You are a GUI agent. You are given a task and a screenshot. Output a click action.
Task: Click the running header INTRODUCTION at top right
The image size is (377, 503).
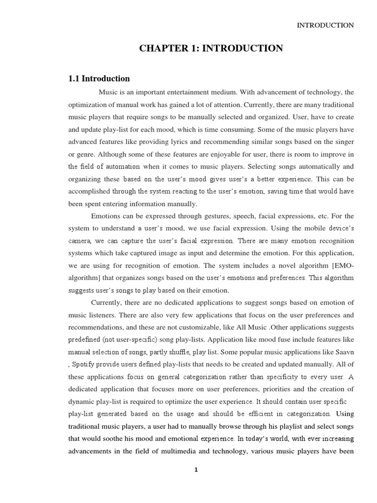click(325, 26)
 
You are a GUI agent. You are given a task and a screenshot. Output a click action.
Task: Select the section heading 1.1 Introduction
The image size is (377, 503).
click(99, 79)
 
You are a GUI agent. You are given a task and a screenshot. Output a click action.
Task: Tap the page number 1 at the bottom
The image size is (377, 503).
click(196, 470)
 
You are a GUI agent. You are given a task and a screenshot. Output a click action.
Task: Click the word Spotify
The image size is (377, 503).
click(86, 364)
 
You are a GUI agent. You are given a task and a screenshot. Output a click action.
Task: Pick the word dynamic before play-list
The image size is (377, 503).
click(82, 402)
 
